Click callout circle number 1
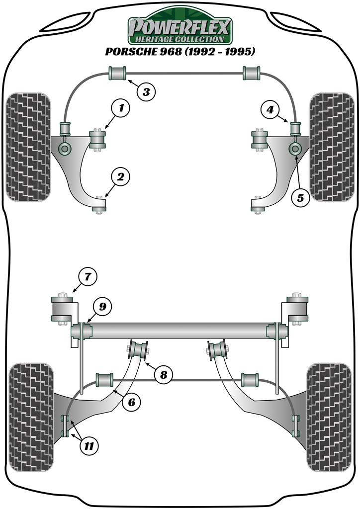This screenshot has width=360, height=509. tap(121, 107)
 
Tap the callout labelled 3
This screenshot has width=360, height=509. tap(146, 91)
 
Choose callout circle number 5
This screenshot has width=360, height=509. tap(300, 197)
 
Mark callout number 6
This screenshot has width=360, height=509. tap(131, 403)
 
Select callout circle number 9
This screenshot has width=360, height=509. tap(102, 307)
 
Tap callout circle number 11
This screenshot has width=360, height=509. tap(89, 446)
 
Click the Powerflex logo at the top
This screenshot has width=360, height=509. tap(180, 28)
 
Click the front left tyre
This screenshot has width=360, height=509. tap(28, 147)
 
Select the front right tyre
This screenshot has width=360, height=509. tap(331, 147)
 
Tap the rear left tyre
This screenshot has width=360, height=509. tap(30, 417)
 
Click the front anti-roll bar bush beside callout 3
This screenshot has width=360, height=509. tap(117, 74)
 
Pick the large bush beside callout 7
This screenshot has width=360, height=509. tap(63, 309)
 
